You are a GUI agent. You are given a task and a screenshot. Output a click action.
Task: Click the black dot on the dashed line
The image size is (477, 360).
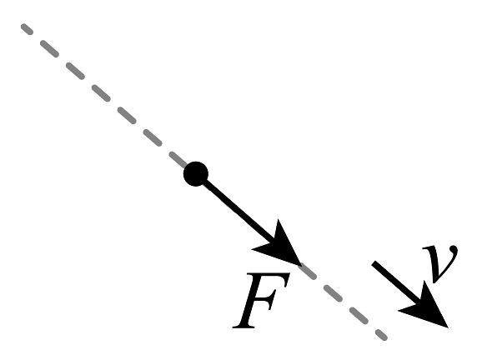click(x=196, y=174)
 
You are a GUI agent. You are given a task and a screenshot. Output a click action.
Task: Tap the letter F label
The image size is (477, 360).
click(x=261, y=300)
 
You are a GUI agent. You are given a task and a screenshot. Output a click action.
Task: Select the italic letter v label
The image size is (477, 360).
click(x=440, y=263)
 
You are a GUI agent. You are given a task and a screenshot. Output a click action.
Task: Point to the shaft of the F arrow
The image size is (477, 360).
click(x=238, y=210)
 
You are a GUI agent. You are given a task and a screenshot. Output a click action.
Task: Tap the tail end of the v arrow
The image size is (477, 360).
click(x=374, y=263)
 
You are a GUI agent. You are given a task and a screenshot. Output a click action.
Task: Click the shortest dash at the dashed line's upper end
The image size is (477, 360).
click(x=27, y=29)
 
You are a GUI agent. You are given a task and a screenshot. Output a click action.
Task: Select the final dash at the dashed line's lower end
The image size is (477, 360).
click(x=381, y=335)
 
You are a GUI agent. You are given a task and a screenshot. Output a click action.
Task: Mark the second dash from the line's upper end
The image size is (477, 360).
click(x=49, y=48)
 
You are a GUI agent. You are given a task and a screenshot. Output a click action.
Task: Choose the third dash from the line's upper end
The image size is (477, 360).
click(x=75, y=71)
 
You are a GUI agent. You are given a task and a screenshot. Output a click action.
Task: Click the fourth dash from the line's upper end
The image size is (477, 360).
click(x=101, y=93)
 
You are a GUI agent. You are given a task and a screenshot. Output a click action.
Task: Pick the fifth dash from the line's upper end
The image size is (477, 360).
click(x=127, y=115)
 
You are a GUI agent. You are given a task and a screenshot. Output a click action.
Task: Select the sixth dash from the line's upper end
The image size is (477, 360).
click(x=153, y=137)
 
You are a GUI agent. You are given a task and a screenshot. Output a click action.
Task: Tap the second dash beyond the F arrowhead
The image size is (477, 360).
click(x=333, y=293)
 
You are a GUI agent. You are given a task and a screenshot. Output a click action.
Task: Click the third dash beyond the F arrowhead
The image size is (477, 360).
click(x=359, y=316)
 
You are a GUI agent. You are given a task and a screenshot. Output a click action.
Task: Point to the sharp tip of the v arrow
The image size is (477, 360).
click(x=448, y=327)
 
